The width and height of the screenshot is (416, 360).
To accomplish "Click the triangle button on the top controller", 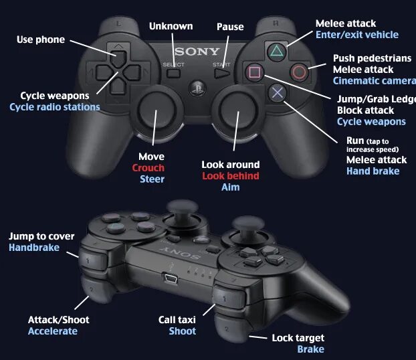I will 276,51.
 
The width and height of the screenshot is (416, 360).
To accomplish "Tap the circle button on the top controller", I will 299,72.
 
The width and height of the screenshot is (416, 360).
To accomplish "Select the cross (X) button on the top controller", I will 276,93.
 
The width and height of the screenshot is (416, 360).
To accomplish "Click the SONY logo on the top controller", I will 197,52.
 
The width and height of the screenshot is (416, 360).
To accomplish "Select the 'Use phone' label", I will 41,39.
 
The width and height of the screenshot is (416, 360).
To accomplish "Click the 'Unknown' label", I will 171,26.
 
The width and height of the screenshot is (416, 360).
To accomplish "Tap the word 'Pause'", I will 230,27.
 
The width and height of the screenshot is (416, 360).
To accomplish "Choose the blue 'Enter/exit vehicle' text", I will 356,35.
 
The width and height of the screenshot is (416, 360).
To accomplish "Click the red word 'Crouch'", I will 148,168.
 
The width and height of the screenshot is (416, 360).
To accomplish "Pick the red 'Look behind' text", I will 231,176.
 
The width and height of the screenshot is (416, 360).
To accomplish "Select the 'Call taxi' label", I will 177,321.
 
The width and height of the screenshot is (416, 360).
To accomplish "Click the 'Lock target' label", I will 298,338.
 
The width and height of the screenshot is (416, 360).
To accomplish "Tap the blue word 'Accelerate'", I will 53,331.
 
